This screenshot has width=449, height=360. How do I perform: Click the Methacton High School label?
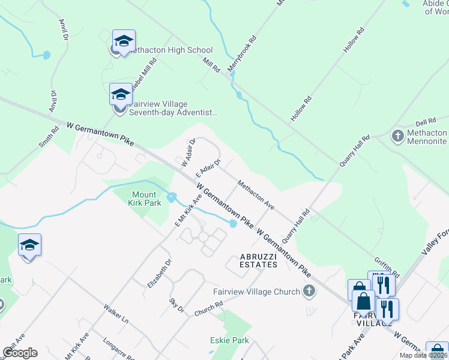click(x=170, y=50)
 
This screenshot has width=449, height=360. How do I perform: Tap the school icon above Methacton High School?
click(x=124, y=41)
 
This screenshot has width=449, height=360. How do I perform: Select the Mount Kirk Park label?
click(x=144, y=199)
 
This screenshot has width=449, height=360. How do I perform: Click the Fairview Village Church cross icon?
click(x=309, y=292)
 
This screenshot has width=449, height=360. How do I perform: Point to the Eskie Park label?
click(x=229, y=341)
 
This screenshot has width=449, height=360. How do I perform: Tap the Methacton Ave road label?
click(x=256, y=195)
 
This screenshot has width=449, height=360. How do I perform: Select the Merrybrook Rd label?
click(x=242, y=53)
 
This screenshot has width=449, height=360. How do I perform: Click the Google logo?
click(x=20, y=353)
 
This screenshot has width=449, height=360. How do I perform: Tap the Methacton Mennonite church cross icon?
click(x=397, y=136)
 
